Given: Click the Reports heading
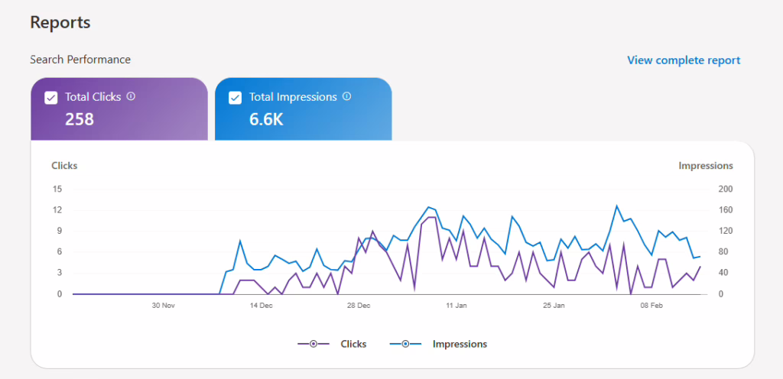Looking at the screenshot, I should (60, 23).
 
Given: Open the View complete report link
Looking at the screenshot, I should (684, 60).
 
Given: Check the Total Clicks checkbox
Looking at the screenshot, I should (51, 97).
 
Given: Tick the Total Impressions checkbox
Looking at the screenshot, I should (236, 97).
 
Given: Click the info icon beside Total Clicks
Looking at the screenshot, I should (131, 96).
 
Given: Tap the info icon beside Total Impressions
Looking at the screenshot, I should (346, 96).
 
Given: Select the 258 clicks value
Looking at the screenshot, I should (80, 118).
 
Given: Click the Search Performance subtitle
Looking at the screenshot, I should (80, 59).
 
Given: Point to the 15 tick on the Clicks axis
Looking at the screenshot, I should (57, 189).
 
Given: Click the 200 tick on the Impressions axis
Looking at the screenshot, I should (726, 189).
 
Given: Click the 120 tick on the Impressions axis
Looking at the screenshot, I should (726, 231).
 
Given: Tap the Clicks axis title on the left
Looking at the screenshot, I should (64, 165).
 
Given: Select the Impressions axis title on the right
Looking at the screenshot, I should (706, 165).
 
